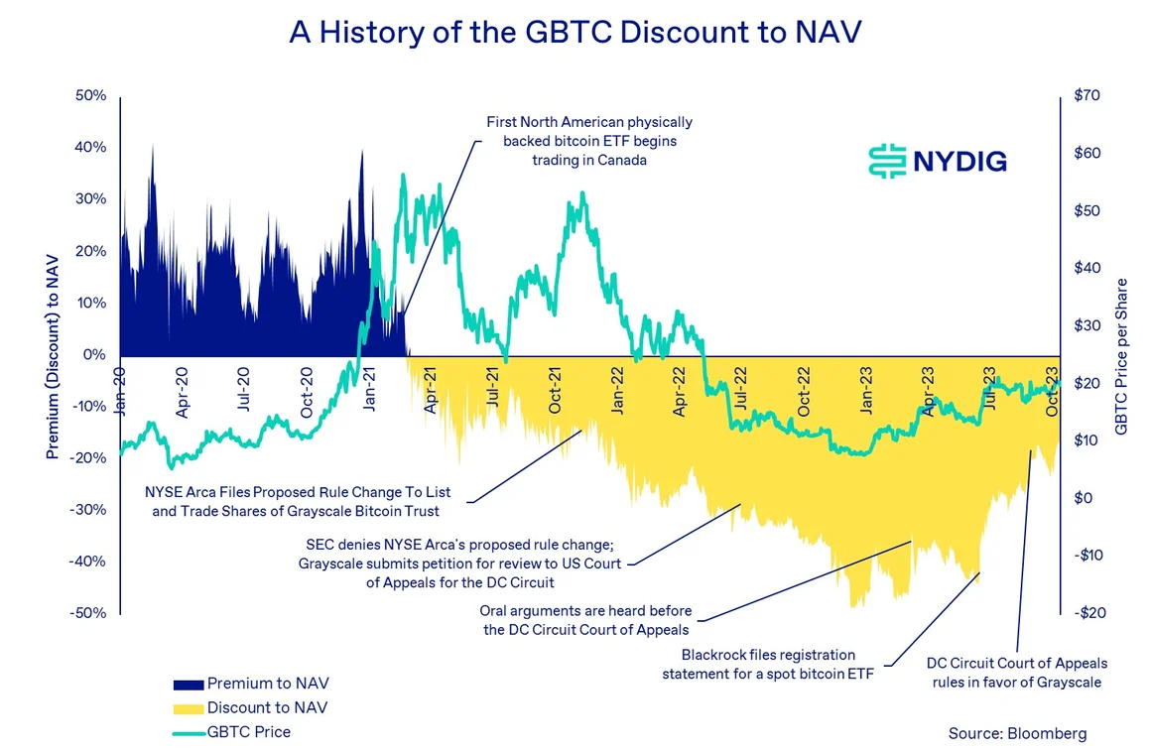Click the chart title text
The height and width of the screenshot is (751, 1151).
(x=575, y=32)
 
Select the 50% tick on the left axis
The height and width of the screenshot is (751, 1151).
(x=90, y=96)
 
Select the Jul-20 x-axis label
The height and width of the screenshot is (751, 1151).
(x=245, y=395)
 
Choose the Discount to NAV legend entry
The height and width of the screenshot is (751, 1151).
(x=267, y=707)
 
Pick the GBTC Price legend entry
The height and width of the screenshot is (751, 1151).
(x=249, y=732)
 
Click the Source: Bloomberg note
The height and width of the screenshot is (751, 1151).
(x=1017, y=734)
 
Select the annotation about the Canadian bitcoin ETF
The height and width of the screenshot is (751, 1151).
(x=589, y=141)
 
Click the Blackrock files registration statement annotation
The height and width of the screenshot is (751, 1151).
(x=768, y=665)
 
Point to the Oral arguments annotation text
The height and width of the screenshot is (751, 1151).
(x=585, y=620)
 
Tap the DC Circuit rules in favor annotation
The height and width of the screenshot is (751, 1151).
(x=1016, y=673)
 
